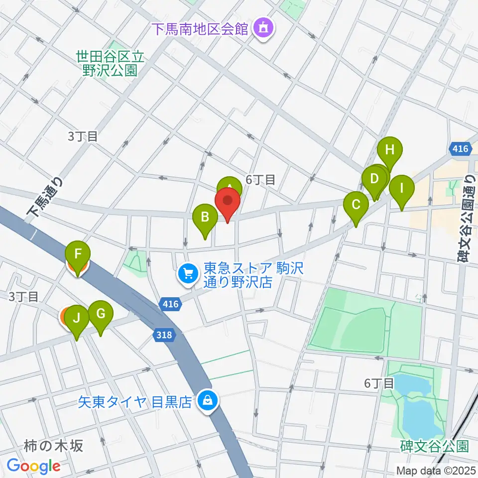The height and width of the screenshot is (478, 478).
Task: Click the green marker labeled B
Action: click(205, 218)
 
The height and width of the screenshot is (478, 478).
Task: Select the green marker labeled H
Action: click(389, 149)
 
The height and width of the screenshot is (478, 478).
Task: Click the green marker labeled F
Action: click(78, 254)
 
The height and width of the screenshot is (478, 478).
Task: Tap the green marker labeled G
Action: click(101, 314)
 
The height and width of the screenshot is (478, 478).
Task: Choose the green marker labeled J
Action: click(77, 318)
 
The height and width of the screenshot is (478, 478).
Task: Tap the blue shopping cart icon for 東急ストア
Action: click(188, 273)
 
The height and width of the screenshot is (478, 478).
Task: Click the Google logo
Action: click(33, 466)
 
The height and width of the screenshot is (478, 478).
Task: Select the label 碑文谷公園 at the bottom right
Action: click(434, 445)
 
